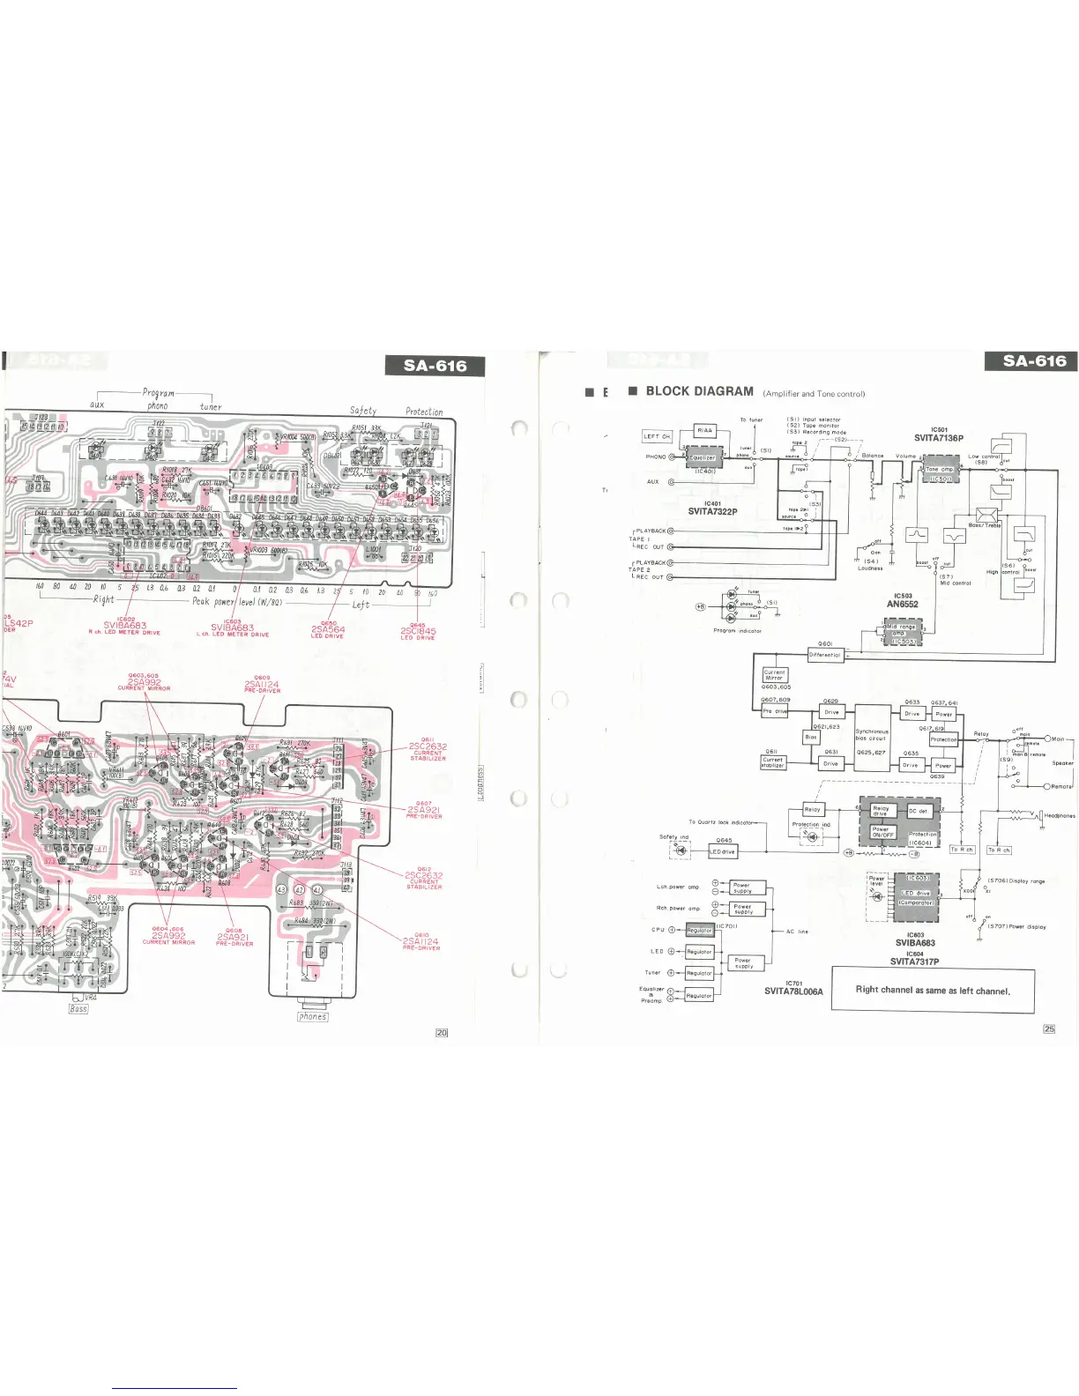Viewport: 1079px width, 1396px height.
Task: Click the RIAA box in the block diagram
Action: click(705, 431)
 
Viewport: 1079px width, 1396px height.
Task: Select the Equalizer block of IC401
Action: click(703, 458)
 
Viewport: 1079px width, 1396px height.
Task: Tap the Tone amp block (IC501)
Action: click(941, 470)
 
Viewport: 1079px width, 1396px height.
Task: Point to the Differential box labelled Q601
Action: click(826, 655)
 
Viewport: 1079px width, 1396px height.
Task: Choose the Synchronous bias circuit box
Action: click(872, 738)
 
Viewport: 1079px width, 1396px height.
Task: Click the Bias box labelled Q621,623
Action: click(811, 737)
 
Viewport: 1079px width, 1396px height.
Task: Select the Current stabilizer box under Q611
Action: click(773, 762)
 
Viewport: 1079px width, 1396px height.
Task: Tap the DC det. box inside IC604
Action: click(918, 811)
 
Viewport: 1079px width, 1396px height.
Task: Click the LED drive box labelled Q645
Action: click(723, 852)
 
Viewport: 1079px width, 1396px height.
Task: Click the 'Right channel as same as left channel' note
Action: click(933, 990)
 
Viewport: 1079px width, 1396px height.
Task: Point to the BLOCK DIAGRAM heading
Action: click(699, 391)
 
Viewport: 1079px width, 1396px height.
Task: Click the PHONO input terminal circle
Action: click(672, 457)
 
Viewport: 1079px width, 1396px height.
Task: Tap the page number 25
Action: click(1049, 1028)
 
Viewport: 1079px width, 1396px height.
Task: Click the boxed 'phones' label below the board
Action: click(313, 1016)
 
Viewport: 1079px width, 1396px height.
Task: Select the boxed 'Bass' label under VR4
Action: click(78, 1008)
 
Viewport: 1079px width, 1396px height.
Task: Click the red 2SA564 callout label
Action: click(328, 629)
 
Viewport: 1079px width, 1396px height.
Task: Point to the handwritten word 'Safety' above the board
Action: click(362, 410)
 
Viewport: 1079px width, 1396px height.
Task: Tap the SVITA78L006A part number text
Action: click(793, 991)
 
